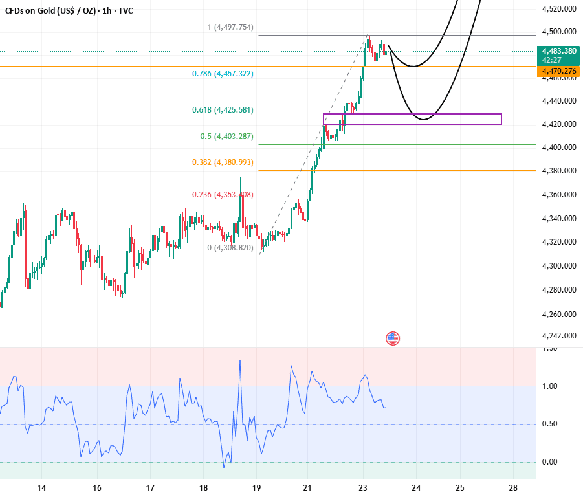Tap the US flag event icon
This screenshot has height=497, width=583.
(x=393, y=338)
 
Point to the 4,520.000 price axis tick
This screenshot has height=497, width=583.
(x=558, y=9)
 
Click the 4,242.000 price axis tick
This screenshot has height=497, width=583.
(x=558, y=336)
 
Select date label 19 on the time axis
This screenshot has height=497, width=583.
(x=256, y=487)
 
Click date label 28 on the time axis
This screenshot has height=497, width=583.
(x=513, y=487)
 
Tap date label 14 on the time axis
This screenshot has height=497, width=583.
(x=41, y=487)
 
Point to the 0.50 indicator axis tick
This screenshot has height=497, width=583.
(x=550, y=424)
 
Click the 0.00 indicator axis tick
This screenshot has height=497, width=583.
(x=550, y=461)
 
